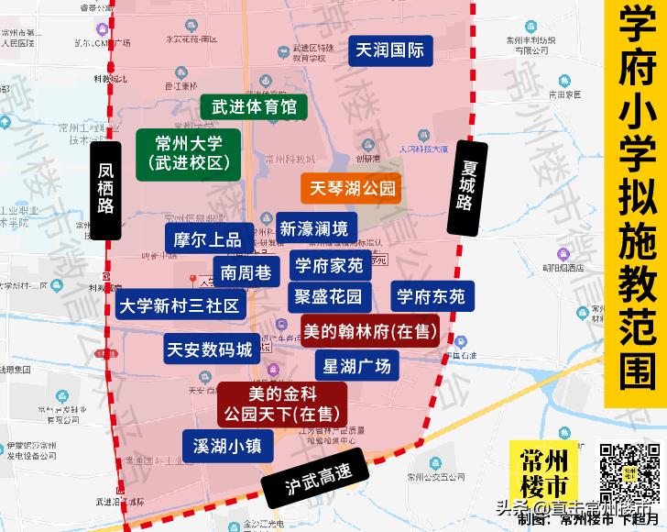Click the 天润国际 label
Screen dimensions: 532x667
click(x=389, y=50)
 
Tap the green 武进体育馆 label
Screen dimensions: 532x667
click(x=254, y=106)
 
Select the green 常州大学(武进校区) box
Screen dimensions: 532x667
click(x=189, y=153)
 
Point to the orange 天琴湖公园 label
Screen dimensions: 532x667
click(x=352, y=189)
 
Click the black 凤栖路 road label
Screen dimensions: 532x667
click(x=107, y=189)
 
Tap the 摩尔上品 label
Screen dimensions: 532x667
click(x=207, y=239)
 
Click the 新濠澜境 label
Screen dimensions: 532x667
click(x=314, y=227)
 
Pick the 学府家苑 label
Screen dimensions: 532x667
click(x=328, y=267)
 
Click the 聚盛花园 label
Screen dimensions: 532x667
click(x=328, y=296)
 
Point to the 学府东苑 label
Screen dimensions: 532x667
click(x=431, y=296)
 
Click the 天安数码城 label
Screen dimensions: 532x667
click(x=208, y=349)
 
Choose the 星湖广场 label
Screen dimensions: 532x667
click(x=357, y=367)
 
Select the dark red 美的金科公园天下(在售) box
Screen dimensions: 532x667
click(x=282, y=405)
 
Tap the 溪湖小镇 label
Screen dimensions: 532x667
click(x=228, y=446)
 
